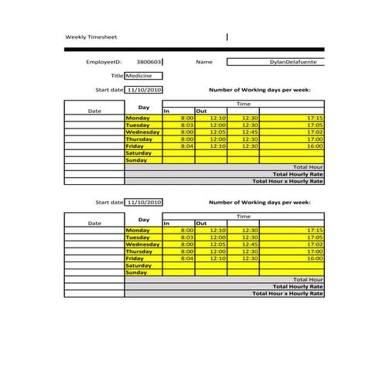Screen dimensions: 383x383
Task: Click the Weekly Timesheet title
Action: point(91,37)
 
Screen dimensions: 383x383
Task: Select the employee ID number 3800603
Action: point(149,61)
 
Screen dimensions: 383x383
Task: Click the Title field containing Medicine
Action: point(144,76)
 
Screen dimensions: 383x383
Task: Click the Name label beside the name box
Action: point(204,61)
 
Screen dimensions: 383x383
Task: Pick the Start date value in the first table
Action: point(145,90)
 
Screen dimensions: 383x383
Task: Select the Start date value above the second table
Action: point(145,202)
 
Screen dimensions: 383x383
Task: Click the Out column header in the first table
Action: point(201,111)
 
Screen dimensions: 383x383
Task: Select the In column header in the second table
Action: point(166,224)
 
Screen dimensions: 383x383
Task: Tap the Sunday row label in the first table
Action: point(136,160)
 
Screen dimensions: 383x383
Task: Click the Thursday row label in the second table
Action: point(138,251)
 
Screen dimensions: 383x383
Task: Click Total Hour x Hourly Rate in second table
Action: point(288,293)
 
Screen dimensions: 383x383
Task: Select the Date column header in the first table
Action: point(94,111)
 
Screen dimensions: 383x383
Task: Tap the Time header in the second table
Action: point(244,216)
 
